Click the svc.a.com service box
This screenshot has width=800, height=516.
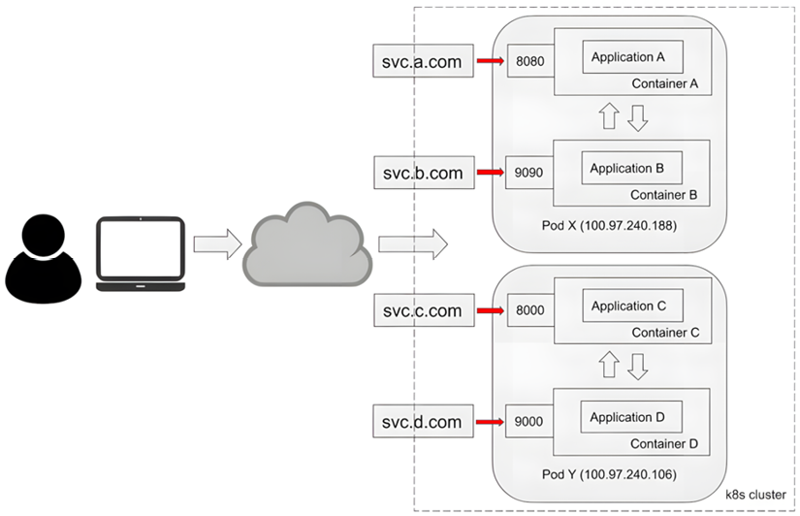coord(424,62)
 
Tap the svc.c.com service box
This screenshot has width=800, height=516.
coord(424,311)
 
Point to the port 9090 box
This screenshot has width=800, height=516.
coord(529,173)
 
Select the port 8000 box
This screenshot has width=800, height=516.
coord(529,311)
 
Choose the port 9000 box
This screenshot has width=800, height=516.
coord(529,422)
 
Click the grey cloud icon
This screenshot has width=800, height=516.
coord(306,243)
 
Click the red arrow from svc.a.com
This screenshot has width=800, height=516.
coord(491,62)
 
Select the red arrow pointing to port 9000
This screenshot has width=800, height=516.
coord(491,422)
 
